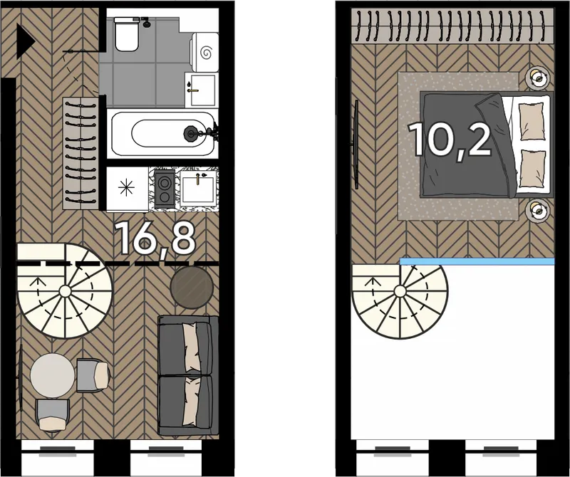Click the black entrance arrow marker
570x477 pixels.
[25, 41]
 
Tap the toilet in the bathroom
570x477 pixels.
[127, 34]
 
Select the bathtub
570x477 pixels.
[162, 134]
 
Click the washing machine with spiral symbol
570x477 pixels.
[204, 52]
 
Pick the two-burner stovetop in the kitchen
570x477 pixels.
[165, 189]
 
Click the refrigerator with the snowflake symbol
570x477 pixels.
[128, 189]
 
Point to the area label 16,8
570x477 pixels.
[155, 238]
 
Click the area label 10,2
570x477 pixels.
[450, 140]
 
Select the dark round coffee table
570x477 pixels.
[192, 288]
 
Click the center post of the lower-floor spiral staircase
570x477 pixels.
[65, 291]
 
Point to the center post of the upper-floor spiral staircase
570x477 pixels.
[400, 291]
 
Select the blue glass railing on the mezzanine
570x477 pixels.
[477, 261]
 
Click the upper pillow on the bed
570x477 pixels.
[532, 121]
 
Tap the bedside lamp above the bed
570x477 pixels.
[537, 78]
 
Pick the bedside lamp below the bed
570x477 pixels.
[537, 210]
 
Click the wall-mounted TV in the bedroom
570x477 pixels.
[356, 145]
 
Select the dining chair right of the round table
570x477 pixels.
[93, 375]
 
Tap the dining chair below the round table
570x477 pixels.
[53, 415]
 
